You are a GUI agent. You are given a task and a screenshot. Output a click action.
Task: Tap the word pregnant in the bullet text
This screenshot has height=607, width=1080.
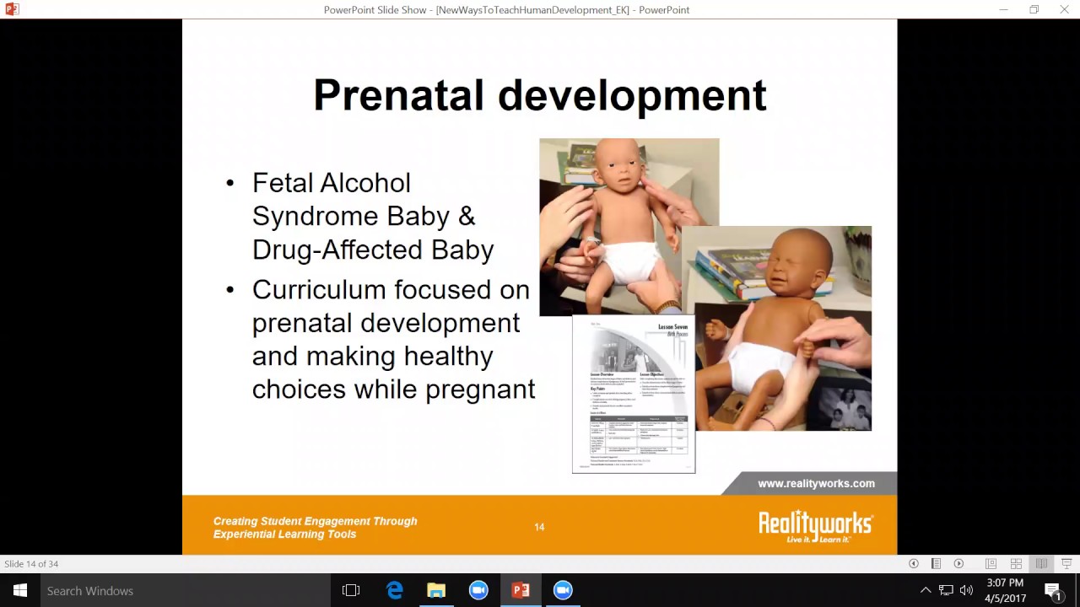coord(480,389)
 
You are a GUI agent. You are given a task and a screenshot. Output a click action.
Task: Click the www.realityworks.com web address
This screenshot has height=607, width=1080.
coord(816,484)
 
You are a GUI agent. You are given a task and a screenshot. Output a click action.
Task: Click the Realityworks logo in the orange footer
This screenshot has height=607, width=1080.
coord(815,526)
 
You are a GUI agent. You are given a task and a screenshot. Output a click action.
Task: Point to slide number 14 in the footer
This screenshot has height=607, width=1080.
coord(539,528)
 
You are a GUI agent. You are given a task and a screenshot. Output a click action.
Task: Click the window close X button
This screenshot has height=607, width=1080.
coord(1064,10)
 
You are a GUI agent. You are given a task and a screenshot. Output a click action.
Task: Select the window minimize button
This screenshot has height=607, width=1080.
coord(1003,10)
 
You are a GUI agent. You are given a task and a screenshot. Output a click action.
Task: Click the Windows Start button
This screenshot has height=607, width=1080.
coord(19,591)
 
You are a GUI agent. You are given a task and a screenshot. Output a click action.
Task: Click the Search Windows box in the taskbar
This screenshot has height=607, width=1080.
coord(169,591)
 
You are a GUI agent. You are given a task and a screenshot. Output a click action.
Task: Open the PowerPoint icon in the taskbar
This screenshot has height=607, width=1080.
coord(521,591)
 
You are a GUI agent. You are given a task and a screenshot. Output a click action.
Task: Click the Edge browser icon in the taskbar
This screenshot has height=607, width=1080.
coord(394,591)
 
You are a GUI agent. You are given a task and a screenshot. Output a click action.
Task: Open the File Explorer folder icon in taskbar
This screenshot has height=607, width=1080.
coord(436,591)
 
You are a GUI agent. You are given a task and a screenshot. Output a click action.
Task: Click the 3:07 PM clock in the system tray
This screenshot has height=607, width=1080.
coord(1004,583)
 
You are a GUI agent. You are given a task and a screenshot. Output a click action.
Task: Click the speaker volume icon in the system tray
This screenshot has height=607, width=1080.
coord(966,591)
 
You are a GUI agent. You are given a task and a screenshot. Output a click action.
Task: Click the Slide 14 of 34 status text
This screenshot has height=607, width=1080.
coord(31,564)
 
